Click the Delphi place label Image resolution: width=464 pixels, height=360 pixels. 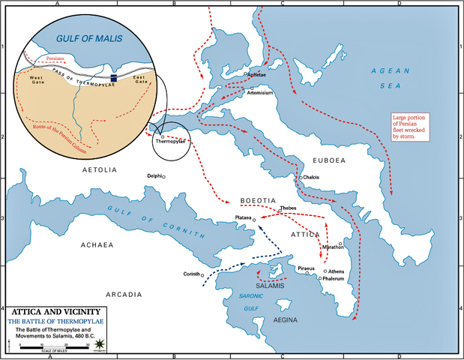pyautogui.click(x=154, y=176)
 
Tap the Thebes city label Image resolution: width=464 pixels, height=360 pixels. pyautogui.click(x=288, y=208)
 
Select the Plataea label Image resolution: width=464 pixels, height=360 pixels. pyautogui.click(x=242, y=220)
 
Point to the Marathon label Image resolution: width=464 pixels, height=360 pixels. pyautogui.click(x=332, y=247)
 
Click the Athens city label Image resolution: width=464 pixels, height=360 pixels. pyautogui.click(x=336, y=271)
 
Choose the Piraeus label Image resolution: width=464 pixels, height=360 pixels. pyautogui.click(x=306, y=268)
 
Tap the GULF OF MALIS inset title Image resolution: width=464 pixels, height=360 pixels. pyautogui.click(x=92, y=37)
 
